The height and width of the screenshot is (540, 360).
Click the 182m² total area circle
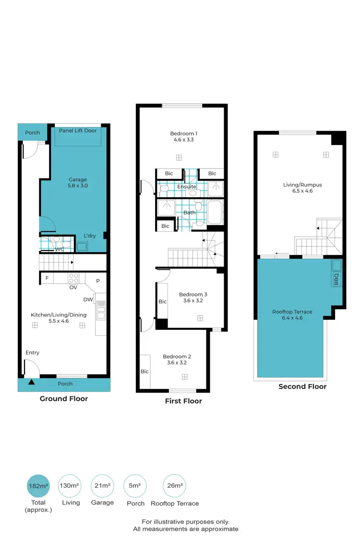39,486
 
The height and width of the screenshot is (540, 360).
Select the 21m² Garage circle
102,486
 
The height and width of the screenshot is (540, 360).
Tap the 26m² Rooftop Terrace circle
174,486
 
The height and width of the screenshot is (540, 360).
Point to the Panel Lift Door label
77,131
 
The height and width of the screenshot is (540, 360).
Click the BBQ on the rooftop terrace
336,273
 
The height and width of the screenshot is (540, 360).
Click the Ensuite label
187,187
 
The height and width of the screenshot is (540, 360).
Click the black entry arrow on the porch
31,383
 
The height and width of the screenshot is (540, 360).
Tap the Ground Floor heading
63,398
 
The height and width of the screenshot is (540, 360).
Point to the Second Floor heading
302,386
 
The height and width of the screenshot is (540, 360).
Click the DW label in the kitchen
88,300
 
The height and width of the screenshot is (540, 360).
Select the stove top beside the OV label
74,277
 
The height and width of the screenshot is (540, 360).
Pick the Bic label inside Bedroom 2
144,372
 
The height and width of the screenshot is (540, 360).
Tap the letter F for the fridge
47,278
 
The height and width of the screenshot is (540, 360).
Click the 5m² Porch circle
134,486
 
